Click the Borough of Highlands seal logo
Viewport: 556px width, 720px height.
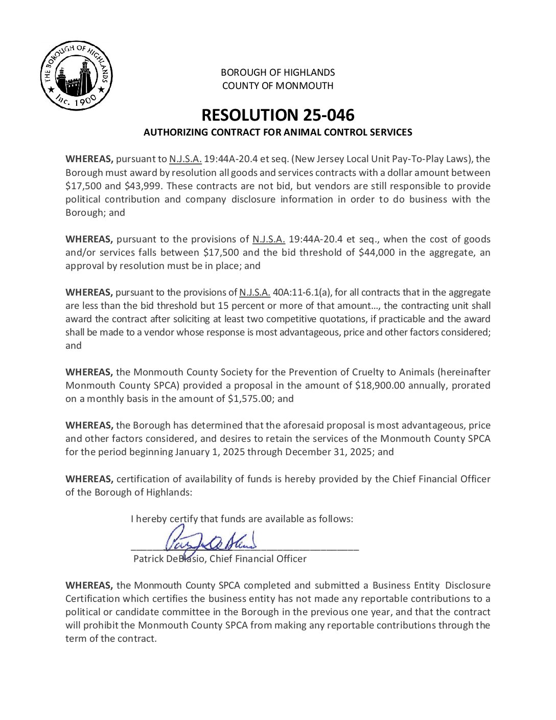click(76, 76)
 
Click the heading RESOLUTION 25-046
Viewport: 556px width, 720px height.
click(277, 115)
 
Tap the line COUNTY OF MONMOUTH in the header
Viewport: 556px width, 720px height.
click(277, 86)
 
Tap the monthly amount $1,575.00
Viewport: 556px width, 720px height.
click(250, 399)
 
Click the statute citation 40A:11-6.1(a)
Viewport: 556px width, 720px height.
click(302, 292)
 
